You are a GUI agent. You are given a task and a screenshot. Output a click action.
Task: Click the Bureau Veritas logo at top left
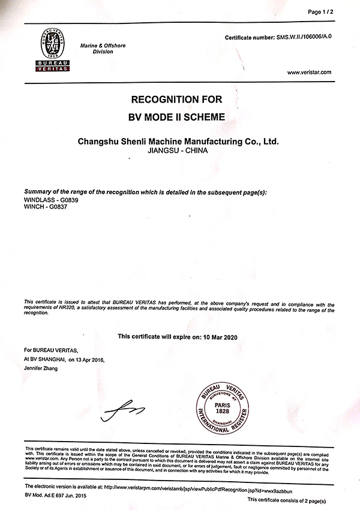pyautogui.click(x=50, y=50)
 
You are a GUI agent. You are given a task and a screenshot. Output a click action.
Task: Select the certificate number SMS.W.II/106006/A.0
pyautogui.click(x=304, y=37)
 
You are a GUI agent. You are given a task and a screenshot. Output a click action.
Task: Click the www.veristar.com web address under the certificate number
pyautogui.click(x=309, y=73)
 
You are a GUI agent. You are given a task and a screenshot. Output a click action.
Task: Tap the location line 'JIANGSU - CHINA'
pyautogui.click(x=179, y=153)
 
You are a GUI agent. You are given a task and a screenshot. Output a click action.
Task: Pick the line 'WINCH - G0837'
pyautogui.click(x=41, y=207)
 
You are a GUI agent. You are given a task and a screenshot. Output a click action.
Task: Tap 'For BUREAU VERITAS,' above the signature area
pyautogui.click(x=51, y=349)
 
